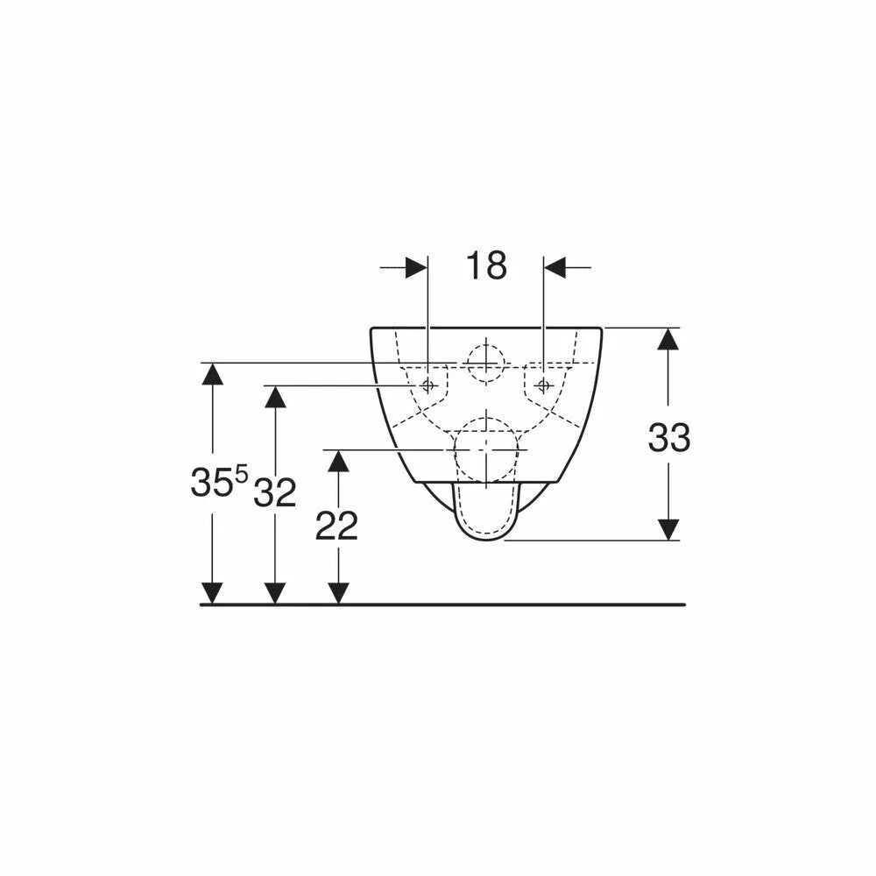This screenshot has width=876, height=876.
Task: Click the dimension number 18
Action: (x=486, y=265)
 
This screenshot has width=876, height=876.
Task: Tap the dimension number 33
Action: (x=668, y=437)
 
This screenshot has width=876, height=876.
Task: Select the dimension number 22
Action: (x=336, y=526)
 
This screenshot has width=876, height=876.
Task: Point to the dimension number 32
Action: (x=275, y=493)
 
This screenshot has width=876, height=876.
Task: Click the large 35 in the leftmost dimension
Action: (x=212, y=482)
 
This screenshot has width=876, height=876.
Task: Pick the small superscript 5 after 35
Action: (x=241, y=476)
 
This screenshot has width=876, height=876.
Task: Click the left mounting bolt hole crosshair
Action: (x=428, y=385)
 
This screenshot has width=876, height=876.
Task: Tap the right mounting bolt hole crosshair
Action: (x=544, y=385)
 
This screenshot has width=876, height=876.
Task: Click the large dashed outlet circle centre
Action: (x=486, y=449)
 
